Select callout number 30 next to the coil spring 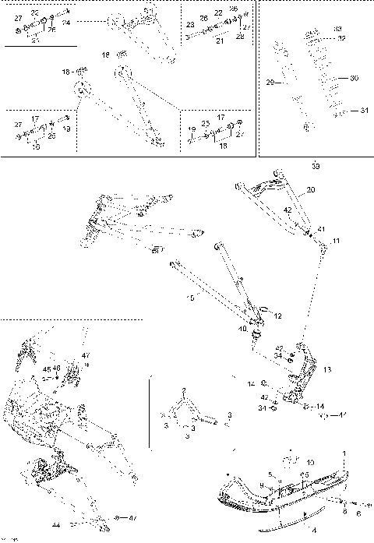(x=355, y=79)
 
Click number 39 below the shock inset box (x=315, y=166)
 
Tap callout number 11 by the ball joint (x=336, y=243)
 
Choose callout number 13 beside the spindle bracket (x=327, y=369)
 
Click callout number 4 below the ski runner (x=314, y=529)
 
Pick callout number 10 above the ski (x=310, y=462)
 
